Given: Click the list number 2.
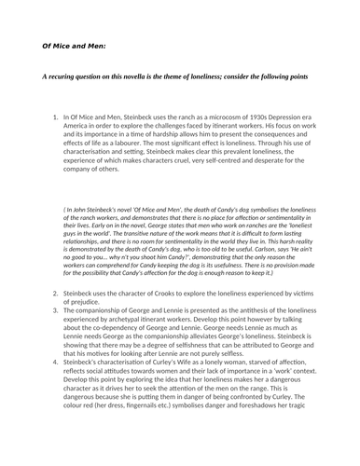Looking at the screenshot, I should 55,318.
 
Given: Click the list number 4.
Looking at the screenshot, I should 55,383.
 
